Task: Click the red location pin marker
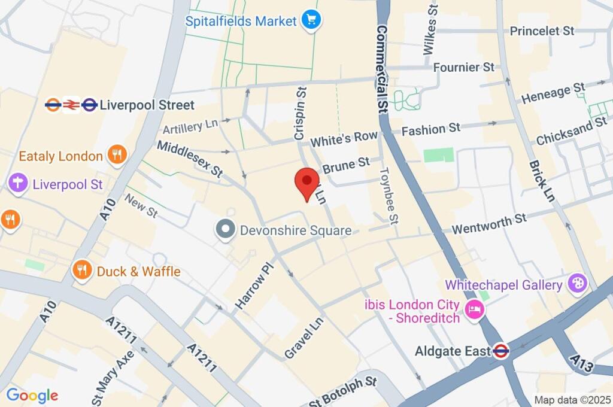[x=308, y=182]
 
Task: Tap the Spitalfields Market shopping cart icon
[x=311, y=21]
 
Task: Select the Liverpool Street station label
[x=147, y=105]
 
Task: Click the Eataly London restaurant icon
[x=116, y=156]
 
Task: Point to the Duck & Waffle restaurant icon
[x=83, y=271]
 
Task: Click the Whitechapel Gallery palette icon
[x=578, y=285]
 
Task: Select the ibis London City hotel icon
[x=475, y=310]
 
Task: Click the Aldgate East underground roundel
[x=502, y=351]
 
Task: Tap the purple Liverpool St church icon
[x=18, y=183]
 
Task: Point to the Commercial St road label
[x=382, y=69]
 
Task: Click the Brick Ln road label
[x=540, y=180]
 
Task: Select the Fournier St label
[x=464, y=67]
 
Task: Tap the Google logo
[x=32, y=395]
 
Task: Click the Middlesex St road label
[x=190, y=158]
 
